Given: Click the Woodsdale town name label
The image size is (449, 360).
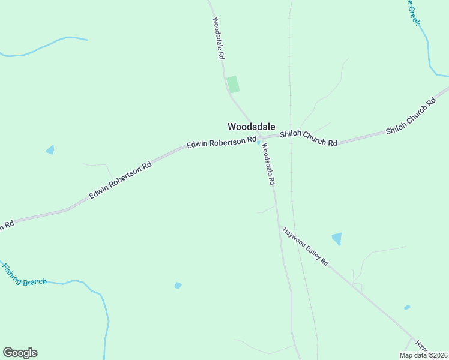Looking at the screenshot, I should (x=251, y=127).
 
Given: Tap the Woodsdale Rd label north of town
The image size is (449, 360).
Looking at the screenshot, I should (x=218, y=37).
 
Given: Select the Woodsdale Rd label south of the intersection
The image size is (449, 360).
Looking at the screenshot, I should (x=267, y=164).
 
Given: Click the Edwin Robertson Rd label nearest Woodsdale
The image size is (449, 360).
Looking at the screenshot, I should (x=221, y=143).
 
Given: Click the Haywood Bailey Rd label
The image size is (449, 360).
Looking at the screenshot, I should (x=306, y=246).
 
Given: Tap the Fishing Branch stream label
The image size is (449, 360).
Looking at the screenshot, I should (x=24, y=275).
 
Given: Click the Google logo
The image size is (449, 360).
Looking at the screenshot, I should (x=20, y=353).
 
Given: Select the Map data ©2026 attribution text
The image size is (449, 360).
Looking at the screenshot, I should (x=423, y=355).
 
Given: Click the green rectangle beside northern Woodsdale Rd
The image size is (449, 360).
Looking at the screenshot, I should (x=233, y=84).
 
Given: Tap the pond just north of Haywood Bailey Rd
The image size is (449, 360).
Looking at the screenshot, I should (x=337, y=238).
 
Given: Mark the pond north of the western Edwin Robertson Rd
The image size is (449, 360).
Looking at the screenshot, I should (x=50, y=149).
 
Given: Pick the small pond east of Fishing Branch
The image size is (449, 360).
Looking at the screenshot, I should (x=178, y=285).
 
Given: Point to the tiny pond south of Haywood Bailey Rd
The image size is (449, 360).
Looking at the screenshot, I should (x=407, y=307).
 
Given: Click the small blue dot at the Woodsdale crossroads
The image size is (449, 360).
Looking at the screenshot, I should (x=259, y=142).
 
